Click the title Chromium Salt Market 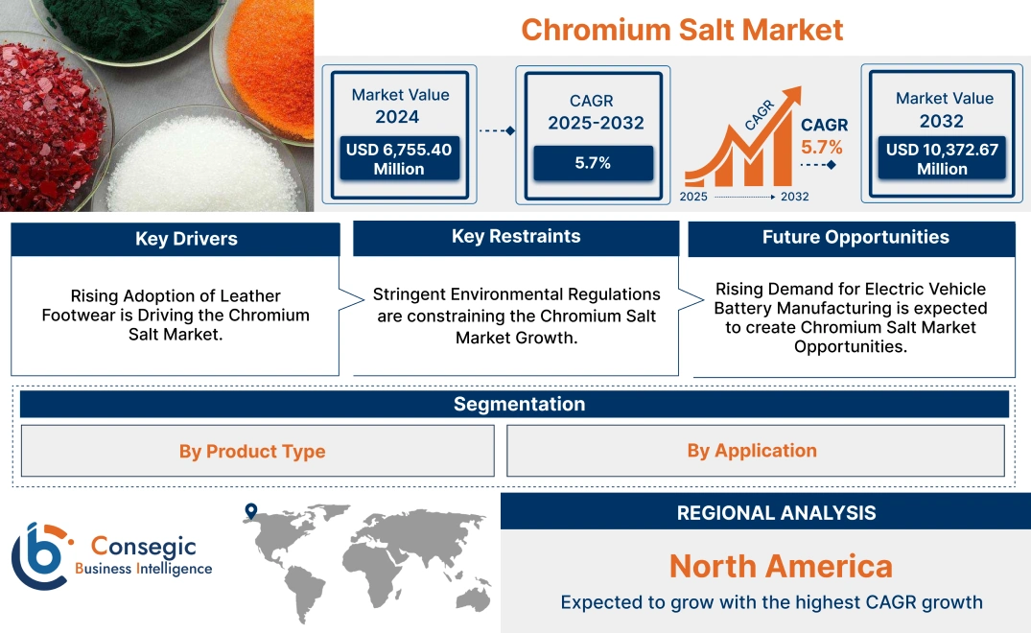pos(682,29)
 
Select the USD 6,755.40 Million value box pos(399,158)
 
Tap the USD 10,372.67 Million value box pos(941,158)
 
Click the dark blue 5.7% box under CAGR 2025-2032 pos(593,163)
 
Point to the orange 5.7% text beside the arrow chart pos(822,147)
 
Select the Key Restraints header pos(516,237)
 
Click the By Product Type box pos(252,451)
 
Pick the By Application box pos(752,451)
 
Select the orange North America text pos(780,566)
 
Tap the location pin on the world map pos(251,511)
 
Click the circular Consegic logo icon pos(41,555)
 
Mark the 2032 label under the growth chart pos(794,197)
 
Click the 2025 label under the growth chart pos(695,197)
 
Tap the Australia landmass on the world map pos(471,597)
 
